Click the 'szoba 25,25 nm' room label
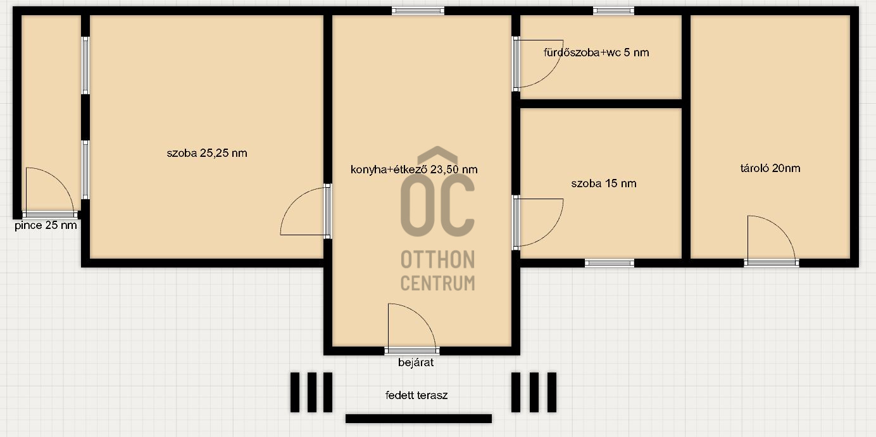[207, 153]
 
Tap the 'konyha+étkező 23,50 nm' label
[414, 169]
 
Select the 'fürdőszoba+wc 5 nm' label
[596, 52]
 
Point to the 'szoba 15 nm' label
[604, 183]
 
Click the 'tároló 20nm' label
[770, 168]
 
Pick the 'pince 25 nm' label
[46, 225]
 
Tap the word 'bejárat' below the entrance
[416, 362]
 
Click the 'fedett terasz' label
[416, 395]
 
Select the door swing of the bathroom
[551, 73]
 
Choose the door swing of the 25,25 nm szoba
[292, 201]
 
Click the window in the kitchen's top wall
[418, 11]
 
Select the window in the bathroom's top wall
[613, 11]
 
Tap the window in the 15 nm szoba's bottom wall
[610, 263]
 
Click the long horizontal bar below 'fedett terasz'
[418, 419]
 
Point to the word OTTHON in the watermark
[437, 260]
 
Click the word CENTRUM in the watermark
[437, 283]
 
